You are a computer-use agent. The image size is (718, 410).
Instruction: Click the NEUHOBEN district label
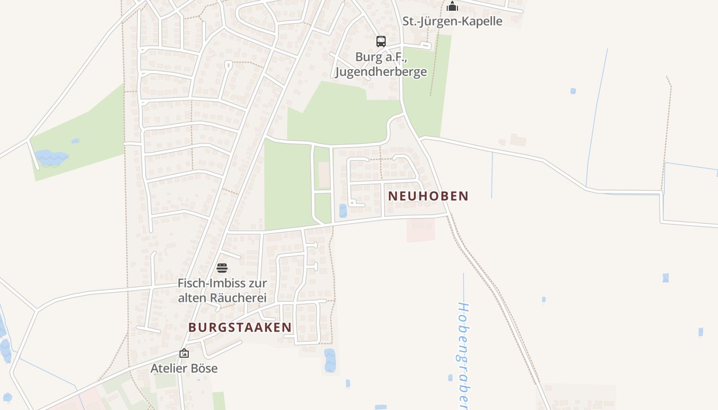pos(428,196)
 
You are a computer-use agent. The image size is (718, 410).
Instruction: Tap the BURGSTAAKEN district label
pos(240,327)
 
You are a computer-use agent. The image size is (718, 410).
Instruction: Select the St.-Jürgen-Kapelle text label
pos(452,22)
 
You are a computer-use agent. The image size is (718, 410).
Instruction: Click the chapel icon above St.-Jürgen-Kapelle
pos(452,6)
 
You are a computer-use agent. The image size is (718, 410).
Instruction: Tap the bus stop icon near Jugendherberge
pos(381,42)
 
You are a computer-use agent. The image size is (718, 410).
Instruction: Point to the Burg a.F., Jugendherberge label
pos(381,64)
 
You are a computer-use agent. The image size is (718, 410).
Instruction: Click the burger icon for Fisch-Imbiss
pos(222,268)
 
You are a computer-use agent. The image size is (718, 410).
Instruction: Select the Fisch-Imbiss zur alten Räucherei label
pos(222,290)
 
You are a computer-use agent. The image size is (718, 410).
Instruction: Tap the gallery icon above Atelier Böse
pos(184,353)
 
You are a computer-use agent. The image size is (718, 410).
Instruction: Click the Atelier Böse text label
pos(184,368)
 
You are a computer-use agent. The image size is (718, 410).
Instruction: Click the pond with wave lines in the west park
pos(51,158)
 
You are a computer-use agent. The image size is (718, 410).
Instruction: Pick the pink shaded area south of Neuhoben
pos(421,230)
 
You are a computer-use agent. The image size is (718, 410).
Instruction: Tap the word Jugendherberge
pos(381,71)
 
